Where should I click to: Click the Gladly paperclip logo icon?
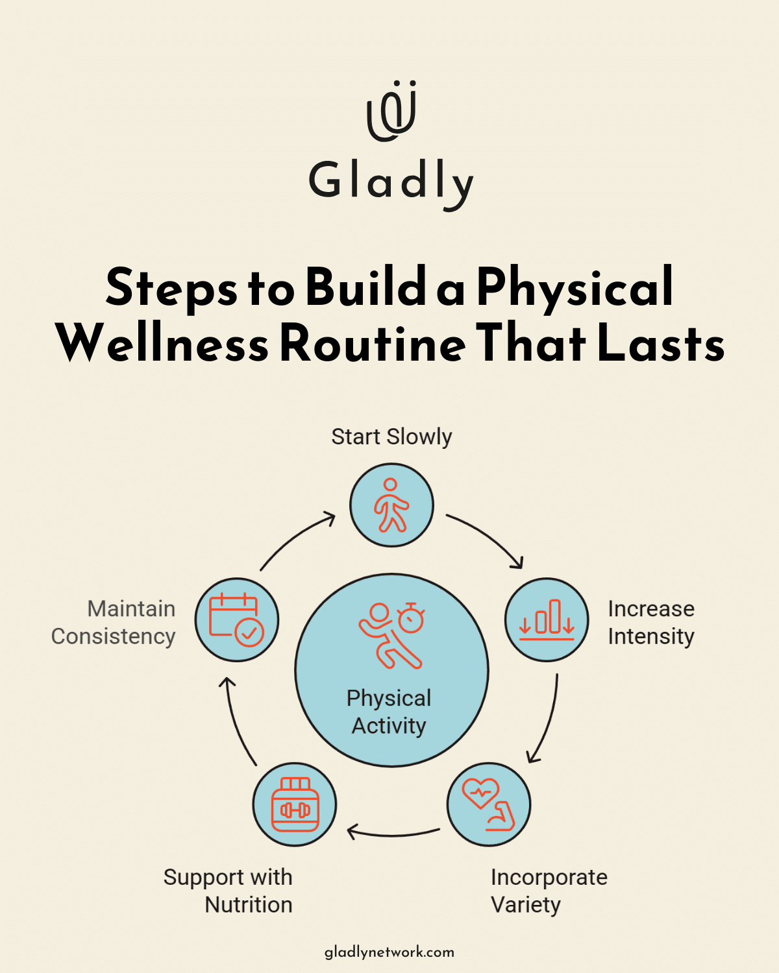[391, 111]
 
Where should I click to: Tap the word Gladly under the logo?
[391, 182]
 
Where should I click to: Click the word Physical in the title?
[575, 287]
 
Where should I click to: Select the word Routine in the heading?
[373, 344]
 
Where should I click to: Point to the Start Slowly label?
[391, 437]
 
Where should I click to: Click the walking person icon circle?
[391, 505]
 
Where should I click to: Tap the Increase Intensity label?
[650, 623]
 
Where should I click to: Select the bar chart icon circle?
[547, 620]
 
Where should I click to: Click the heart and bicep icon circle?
[489, 804]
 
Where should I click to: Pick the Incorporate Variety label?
[549, 891]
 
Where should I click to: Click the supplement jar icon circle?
[295, 804]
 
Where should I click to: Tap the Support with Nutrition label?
[228, 891]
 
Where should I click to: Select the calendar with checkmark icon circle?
[237, 620]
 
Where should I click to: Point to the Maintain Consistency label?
[114, 623]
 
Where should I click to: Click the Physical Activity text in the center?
[389, 712]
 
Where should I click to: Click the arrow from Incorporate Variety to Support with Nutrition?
[393, 832]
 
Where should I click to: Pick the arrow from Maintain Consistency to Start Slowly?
[296, 538]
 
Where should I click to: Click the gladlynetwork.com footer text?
[389, 952]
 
